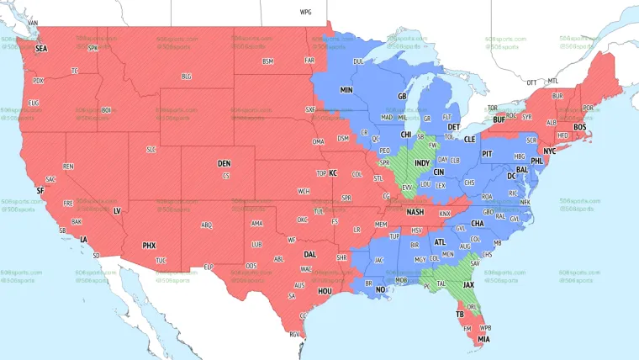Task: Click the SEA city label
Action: pos(41,50)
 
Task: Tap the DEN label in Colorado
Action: pos(224,163)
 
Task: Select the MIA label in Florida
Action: pos(483,339)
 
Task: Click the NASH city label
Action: pos(415,212)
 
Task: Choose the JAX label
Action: pos(468,284)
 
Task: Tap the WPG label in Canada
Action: pos(305,13)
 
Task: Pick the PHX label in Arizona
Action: pos(149,246)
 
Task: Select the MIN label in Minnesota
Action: pos(346,89)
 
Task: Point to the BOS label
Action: pos(580,127)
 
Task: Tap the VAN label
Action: pos(33,22)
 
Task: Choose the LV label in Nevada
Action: pos(117,210)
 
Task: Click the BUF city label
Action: pos(499,120)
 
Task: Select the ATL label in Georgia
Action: pos(440,241)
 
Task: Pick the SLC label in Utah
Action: pos(151,150)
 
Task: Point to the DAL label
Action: pos(309,254)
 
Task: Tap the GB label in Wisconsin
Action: pos(402,97)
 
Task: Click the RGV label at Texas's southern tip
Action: pos(294,335)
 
